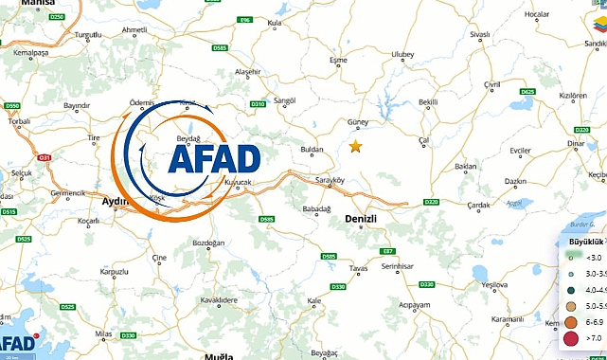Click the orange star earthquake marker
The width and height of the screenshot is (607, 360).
pyautogui.click(x=355, y=146)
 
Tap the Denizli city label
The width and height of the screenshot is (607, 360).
pyautogui.click(x=360, y=219)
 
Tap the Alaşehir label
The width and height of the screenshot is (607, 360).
pyautogui.click(x=247, y=72)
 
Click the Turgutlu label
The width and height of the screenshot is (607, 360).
pyautogui.click(x=88, y=34)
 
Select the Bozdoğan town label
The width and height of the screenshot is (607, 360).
pyautogui.click(x=209, y=243)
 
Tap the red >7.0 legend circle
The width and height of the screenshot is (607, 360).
pyautogui.click(x=570, y=339)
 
